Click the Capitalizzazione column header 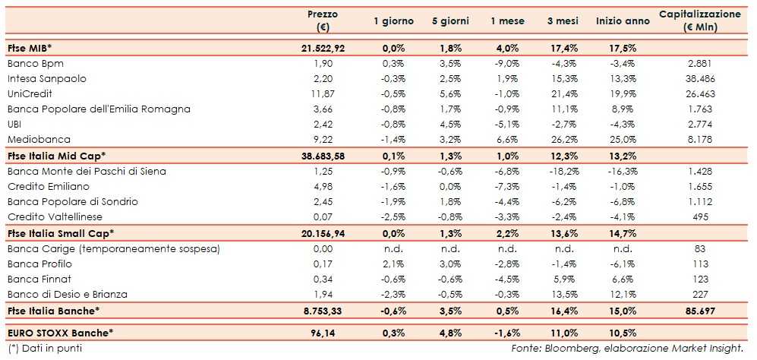click(699, 21)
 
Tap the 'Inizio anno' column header click(623, 21)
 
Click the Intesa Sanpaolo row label click(46, 78)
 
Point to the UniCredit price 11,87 click(323, 93)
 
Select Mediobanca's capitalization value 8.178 click(699, 140)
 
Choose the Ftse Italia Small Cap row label click(60, 233)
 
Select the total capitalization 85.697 click(699, 310)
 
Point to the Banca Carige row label click(112, 248)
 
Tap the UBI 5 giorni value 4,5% click(451, 125)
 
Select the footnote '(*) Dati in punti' click(43, 348)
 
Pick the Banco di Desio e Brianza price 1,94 click(323, 294)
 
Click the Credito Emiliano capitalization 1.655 click(699, 186)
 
